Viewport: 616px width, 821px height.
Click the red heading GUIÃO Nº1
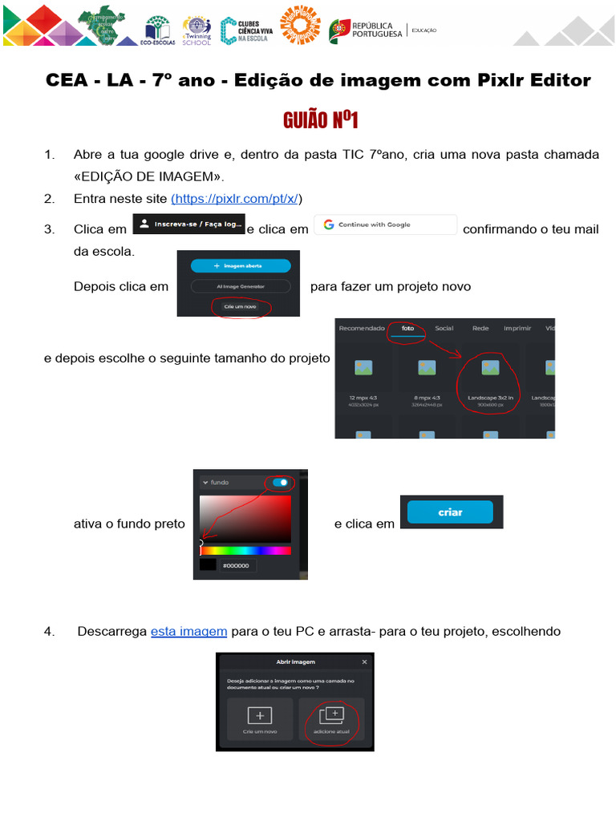click(x=320, y=121)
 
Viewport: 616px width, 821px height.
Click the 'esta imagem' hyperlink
click(x=188, y=631)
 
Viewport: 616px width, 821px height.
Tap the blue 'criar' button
click(x=450, y=512)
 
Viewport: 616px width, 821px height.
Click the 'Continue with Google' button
click(x=385, y=224)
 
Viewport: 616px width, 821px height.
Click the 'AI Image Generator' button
click(x=241, y=285)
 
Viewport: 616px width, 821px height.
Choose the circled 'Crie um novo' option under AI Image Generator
click(x=241, y=306)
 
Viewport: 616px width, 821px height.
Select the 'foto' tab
click(x=407, y=328)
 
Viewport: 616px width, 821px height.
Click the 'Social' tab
click(x=444, y=328)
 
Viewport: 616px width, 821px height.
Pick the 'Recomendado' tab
click(x=362, y=328)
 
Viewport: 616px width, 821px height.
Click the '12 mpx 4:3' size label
click(x=363, y=397)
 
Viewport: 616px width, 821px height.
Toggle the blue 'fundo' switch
click(x=281, y=483)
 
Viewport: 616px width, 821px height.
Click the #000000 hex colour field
click(x=238, y=565)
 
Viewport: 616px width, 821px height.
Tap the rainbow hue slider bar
click(x=245, y=551)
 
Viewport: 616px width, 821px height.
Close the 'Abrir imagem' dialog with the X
click(x=365, y=661)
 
